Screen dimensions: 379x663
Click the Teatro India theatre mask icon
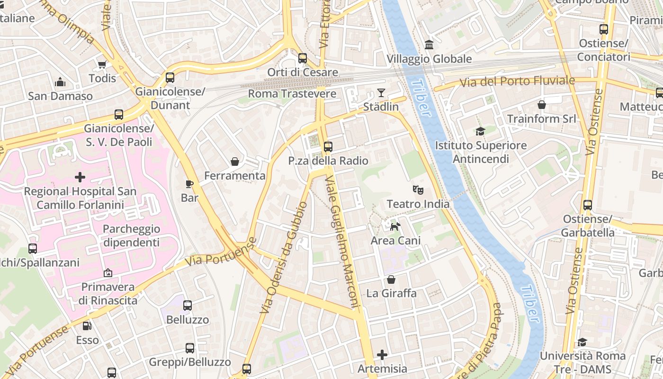tap(418, 190)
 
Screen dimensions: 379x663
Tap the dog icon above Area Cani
tap(395, 226)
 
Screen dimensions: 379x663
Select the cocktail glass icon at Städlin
tap(381, 92)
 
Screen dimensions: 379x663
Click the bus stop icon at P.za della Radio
tap(328, 147)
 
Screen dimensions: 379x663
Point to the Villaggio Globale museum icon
tap(429, 45)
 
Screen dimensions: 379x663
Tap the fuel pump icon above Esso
tap(87, 326)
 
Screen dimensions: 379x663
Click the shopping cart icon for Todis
tap(102, 64)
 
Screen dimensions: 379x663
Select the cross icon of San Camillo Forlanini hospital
tap(80, 177)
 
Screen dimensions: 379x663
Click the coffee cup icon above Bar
tap(189, 183)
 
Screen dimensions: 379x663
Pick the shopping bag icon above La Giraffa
tap(391, 280)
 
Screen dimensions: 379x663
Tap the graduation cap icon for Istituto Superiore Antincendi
tap(480, 131)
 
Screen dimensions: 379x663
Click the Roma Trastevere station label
tap(292, 94)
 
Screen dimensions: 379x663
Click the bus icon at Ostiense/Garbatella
tap(587, 205)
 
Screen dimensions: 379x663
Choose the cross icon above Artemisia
tap(382, 354)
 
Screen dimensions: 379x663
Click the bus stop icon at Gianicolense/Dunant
tap(170, 77)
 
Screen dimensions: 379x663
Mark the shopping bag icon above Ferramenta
tap(234, 162)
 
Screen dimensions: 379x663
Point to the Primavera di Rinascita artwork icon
tap(108, 273)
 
